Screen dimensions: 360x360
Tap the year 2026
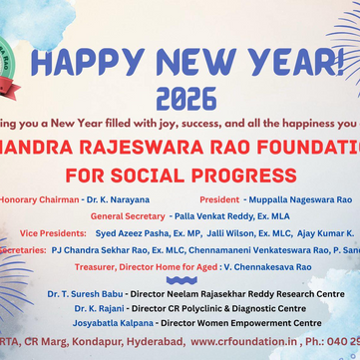tap(185, 98)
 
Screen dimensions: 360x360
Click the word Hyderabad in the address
tap(153, 341)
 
